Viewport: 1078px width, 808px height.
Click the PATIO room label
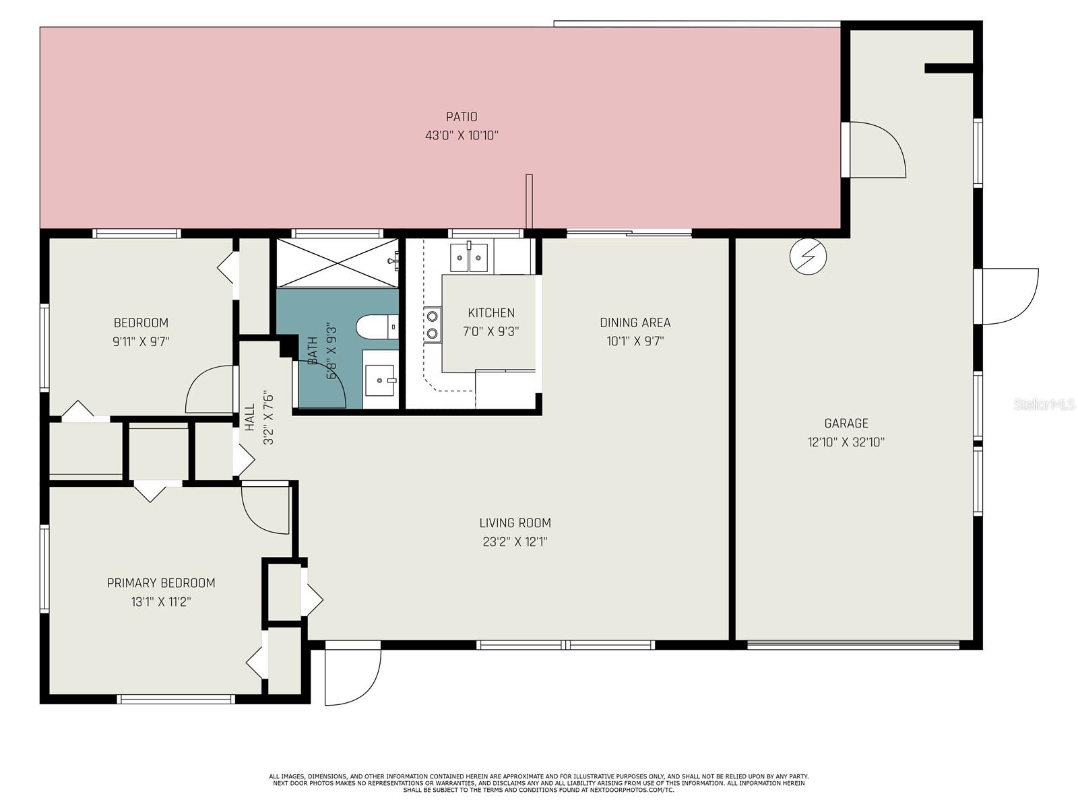coord(461,116)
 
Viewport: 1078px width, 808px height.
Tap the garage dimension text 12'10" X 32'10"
coord(846,442)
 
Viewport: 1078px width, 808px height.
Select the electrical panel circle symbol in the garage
coord(808,257)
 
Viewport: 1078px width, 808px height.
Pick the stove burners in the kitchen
coord(432,325)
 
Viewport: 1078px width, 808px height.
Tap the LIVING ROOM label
coord(515,523)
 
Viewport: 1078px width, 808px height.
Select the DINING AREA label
coord(635,323)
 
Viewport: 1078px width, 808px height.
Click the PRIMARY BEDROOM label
coord(161,583)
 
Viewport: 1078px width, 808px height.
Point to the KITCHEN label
coord(491,313)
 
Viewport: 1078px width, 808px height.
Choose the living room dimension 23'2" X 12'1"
coord(515,541)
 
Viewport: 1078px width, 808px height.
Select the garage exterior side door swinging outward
coord(1007,296)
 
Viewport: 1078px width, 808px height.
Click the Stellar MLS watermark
coord(1044,404)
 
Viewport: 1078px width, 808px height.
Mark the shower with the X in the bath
coord(338,263)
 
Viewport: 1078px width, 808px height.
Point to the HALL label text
coord(250,417)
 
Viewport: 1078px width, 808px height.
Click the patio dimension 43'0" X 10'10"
coord(462,135)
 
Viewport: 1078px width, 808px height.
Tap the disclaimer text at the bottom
coord(539,784)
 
